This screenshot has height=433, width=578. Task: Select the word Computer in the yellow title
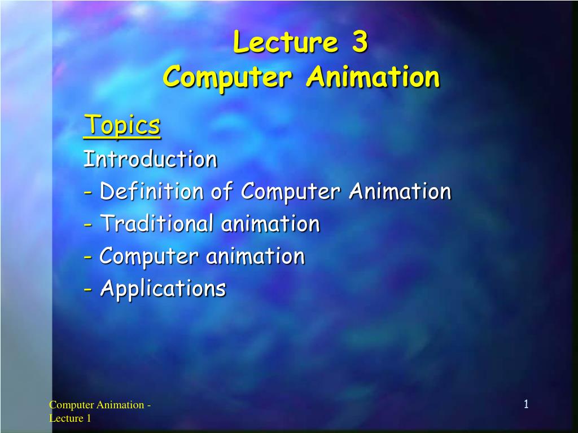coord(227,77)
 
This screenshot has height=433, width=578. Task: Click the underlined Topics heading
coord(122,125)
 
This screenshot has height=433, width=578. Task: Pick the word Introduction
coord(150,159)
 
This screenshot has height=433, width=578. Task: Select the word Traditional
coord(156,224)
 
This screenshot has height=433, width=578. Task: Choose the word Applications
coord(163,289)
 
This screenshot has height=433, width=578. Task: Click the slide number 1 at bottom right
coord(526,404)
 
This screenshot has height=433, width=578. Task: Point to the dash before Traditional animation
coord(88,225)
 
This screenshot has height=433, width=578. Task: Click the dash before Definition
coord(88,193)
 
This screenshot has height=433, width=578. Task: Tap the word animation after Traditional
coord(270,224)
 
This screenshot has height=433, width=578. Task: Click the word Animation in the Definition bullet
coord(400,192)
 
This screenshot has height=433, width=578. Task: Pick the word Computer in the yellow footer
coord(71,405)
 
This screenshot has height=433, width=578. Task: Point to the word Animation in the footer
coord(120,405)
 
